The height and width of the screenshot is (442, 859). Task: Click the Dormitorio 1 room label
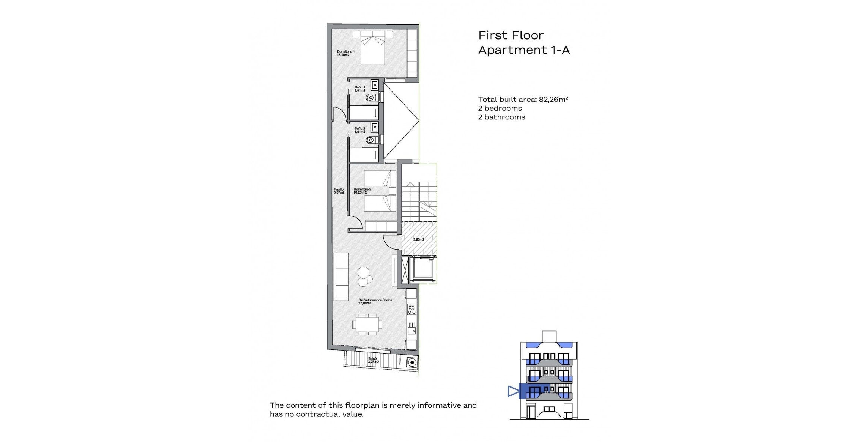point(346,53)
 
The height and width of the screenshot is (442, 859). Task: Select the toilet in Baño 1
point(371,98)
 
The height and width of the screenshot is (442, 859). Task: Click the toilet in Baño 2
point(371,140)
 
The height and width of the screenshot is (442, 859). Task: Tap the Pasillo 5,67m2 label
point(339,191)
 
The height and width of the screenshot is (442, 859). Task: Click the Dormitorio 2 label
point(362,191)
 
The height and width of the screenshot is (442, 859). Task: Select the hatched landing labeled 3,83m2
point(419,239)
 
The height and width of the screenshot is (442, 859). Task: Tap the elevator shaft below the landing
point(423,269)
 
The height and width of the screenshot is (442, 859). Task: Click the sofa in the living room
point(80,277)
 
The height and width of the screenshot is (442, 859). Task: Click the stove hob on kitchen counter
point(412,309)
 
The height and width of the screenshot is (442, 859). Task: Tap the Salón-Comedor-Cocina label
point(375,301)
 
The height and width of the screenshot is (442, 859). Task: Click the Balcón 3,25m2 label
point(373,360)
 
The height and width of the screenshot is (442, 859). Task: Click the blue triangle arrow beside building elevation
point(513,391)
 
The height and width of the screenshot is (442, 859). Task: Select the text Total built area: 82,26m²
point(523,100)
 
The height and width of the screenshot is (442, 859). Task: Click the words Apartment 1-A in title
point(524,50)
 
